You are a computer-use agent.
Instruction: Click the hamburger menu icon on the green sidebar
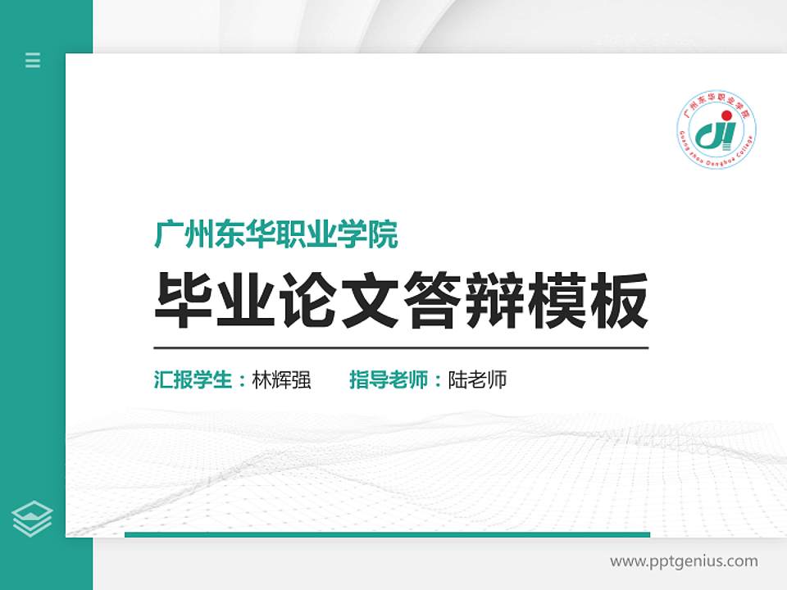coord(33,60)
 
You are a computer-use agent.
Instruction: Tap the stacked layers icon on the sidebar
coord(33,519)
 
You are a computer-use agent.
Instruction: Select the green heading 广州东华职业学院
coord(276,235)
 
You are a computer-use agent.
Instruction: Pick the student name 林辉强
coord(281,380)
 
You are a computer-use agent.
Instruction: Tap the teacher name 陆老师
coord(477,380)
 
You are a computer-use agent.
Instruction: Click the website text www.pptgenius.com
coord(684,561)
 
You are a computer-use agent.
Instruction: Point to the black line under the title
coord(401,347)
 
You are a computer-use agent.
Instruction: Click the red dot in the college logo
coord(725,114)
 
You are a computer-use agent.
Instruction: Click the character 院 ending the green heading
coord(384,235)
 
